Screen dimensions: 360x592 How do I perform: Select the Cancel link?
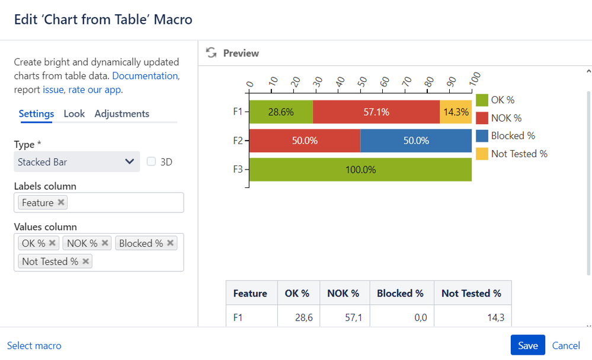(566, 345)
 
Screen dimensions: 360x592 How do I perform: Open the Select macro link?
(34, 345)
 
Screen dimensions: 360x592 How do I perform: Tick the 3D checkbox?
(151, 161)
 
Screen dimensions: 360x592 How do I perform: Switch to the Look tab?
(74, 113)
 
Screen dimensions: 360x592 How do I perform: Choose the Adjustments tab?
(121, 113)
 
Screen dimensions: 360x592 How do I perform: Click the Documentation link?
(145, 76)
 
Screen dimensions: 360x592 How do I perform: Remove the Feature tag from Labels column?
(60, 202)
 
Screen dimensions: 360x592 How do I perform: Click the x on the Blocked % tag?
(171, 243)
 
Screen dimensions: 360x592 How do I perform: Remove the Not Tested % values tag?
(86, 261)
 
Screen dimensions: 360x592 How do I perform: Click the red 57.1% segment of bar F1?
(376, 112)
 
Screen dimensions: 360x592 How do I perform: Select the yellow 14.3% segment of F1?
(456, 112)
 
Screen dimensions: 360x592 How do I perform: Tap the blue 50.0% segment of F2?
(415, 141)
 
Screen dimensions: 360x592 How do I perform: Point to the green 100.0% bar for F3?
(360, 170)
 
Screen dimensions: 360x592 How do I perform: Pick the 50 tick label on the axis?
(363, 80)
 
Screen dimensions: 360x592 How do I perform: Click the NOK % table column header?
(343, 293)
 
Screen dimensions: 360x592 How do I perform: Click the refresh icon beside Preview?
(211, 53)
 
